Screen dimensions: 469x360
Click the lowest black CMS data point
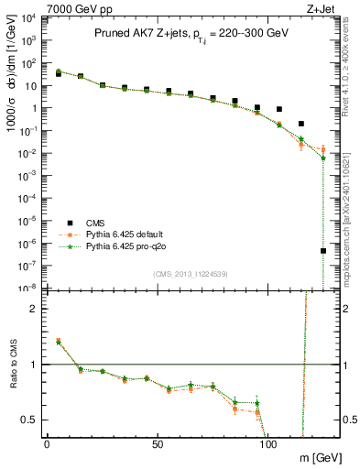(323, 251)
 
